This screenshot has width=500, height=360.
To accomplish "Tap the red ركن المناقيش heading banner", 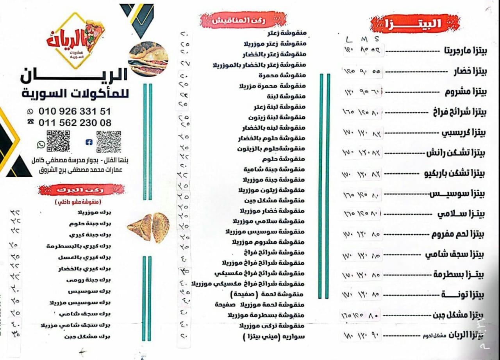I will coord(234,21).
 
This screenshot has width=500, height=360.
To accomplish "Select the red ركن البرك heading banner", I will coord(81,190).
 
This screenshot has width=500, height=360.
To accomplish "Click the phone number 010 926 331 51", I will coord(74,112).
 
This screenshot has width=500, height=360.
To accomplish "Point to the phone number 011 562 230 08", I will coord(75,123).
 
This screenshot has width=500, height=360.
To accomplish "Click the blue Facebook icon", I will coord(88,143).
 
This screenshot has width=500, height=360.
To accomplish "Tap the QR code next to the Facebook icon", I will coord(109,141).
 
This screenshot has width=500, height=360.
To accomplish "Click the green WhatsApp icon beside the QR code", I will coord(41,144).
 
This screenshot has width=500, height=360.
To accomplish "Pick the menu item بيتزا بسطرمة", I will coord(459,274).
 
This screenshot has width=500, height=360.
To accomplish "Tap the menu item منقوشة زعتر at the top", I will coord(287,33).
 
